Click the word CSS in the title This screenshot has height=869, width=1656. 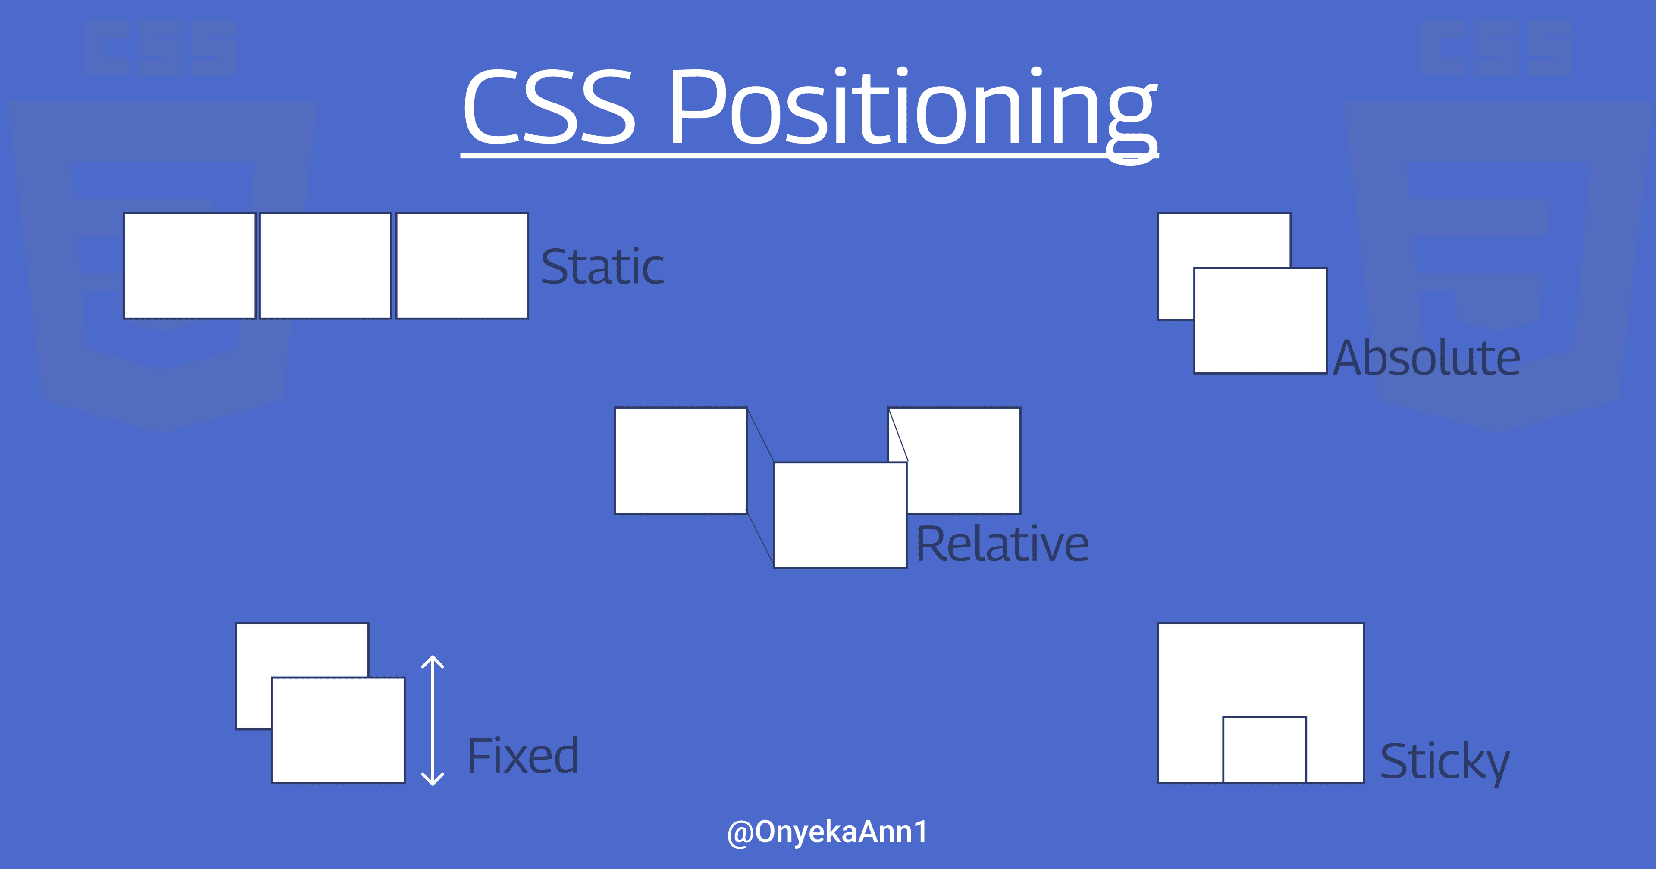coord(550,106)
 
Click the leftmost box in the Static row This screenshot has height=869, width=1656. coord(190,266)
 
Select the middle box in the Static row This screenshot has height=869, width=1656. coord(325,266)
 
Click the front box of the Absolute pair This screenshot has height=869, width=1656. coord(1261,320)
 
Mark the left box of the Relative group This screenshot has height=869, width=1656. coord(681,461)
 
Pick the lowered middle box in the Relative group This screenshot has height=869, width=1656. coord(840,515)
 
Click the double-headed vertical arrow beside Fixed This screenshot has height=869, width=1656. coord(433,721)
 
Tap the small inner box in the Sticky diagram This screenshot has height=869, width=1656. coord(1264,750)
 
